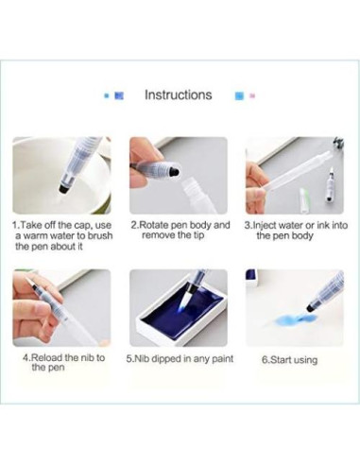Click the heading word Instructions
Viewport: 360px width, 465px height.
coord(178,95)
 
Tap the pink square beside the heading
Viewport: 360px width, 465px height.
coord(253,95)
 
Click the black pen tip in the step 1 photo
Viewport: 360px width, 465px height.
coord(64,188)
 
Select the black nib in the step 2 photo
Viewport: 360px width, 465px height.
coord(174,172)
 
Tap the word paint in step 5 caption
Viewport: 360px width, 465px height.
coord(222,359)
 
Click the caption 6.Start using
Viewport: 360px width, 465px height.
coord(289,360)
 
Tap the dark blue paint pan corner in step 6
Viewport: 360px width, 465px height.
coord(251,276)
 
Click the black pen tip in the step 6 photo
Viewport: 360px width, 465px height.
coord(311,306)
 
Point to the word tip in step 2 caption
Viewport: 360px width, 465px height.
coord(197,235)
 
